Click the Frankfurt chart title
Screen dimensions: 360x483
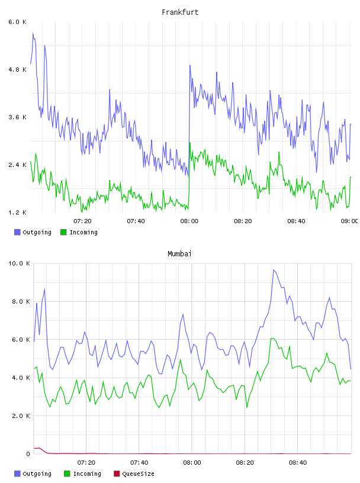[180, 12]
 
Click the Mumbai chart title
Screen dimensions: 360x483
[179, 254]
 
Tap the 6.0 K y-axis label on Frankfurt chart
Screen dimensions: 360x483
[17, 22]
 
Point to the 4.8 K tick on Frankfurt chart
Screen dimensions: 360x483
[17, 70]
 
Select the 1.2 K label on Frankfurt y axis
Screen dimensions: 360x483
[17, 212]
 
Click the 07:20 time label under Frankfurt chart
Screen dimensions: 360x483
[82, 221]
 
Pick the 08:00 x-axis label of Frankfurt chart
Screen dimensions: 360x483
[189, 221]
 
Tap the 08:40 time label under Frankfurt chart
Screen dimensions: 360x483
[296, 221]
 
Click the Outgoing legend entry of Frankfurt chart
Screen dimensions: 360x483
[33, 232]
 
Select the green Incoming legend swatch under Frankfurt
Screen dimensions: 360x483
[63, 232]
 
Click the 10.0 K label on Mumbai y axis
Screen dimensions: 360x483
[19, 263]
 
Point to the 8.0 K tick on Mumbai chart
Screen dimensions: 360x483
[21, 301]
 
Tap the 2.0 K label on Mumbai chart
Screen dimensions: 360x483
[21, 416]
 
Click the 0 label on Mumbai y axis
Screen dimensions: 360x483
[28, 454]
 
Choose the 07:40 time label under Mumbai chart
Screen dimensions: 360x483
[139, 463]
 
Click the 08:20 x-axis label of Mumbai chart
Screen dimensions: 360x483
[245, 463]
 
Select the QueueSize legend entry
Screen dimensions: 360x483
[134, 474]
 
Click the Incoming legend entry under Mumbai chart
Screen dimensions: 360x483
[83, 474]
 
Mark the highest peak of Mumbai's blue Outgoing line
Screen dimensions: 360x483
[274, 270]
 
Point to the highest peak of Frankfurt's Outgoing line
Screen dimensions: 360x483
[33, 33]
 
